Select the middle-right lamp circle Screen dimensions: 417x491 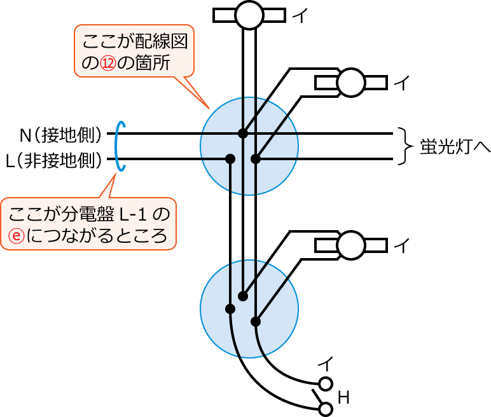(351, 83)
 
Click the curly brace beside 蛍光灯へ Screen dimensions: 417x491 (403, 146)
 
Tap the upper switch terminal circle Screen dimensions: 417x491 (326, 384)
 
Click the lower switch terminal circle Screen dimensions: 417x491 (326, 409)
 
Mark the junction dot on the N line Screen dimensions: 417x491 (242, 133)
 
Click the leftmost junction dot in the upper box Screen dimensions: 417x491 (230, 158)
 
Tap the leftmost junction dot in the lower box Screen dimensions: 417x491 (230, 309)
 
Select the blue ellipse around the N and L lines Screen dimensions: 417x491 (120, 147)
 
